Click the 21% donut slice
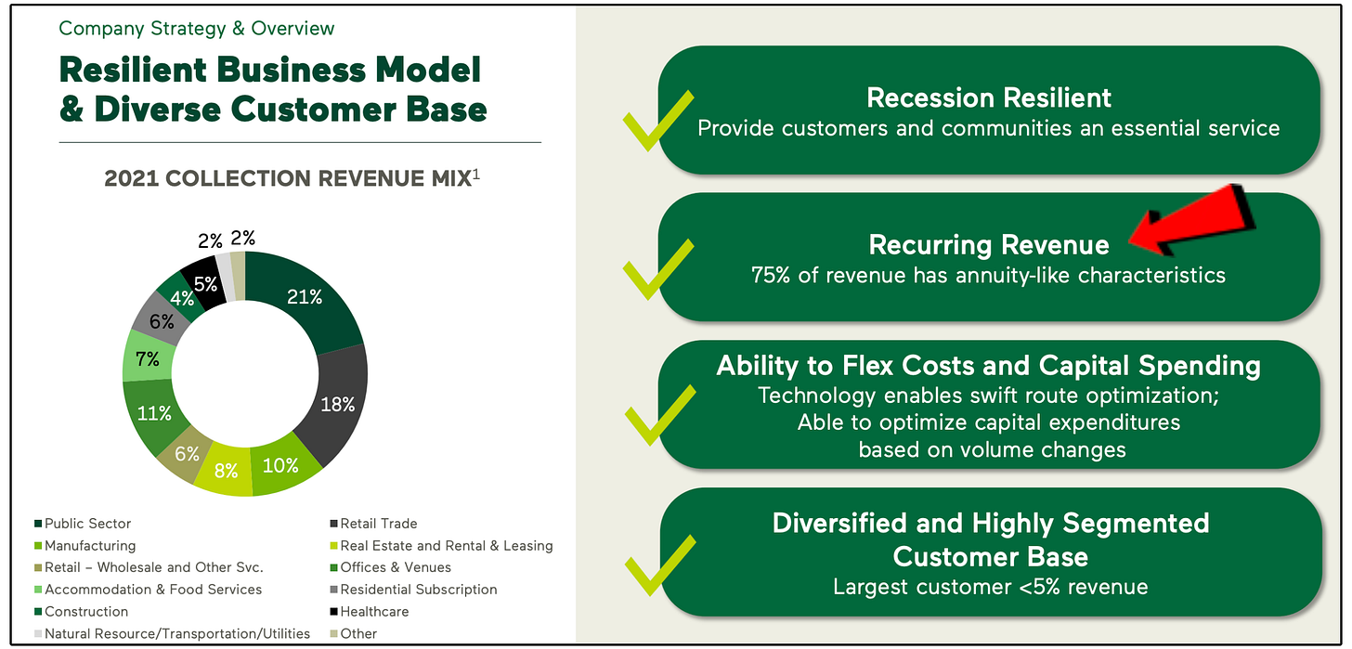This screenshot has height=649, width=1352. point(304,297)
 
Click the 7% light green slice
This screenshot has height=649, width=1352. point(146,358)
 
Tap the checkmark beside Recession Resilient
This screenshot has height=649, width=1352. point(657,122)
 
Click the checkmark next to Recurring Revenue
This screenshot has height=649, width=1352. point(657,268)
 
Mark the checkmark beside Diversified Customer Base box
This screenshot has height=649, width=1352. point(657,564)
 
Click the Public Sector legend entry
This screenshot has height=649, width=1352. point(87,524)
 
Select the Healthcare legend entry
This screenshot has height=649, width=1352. point(373,612)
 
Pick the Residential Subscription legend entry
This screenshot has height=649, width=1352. point(418,590)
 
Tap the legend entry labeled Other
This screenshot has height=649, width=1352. point(357,634)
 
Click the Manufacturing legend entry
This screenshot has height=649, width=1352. point(89,546)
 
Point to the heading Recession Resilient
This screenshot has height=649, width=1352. point(989,97)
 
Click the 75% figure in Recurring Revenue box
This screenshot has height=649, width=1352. point(771,275)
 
